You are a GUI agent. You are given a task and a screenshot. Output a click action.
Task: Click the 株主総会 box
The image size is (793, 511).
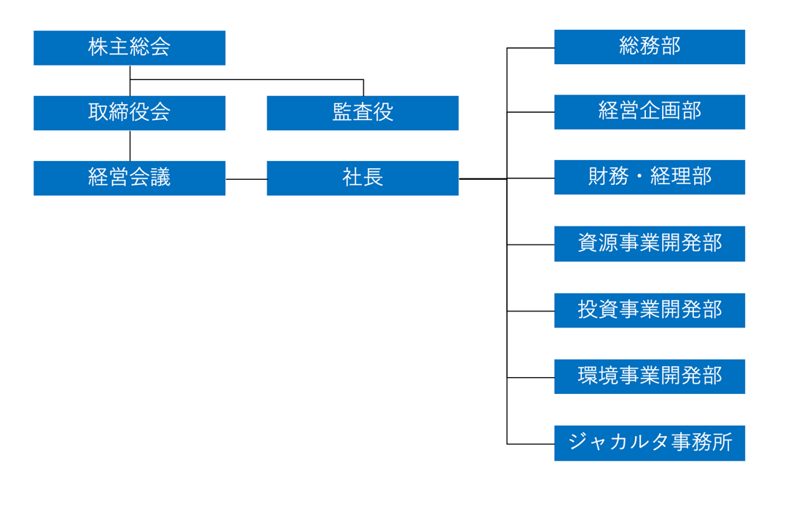[x=129, y=48]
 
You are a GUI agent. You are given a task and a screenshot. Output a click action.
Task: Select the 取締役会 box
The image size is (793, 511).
[x=129, y=113]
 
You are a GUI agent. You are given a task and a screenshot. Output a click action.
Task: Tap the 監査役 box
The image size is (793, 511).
[x=363, y=113]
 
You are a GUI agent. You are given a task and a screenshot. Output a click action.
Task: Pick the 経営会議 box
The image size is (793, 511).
[x=129, y=178]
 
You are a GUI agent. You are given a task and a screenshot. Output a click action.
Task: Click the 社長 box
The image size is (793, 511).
[x=363, y=178]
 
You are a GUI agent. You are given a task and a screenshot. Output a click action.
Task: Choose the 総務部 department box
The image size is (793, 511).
[x=649, y=47]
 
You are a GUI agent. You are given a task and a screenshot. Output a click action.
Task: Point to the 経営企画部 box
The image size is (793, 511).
[x=649, y=112]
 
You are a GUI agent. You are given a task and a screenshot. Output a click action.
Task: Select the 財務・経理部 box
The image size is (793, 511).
[x=649, y=178]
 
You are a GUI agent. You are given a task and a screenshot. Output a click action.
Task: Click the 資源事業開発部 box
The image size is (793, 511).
[x=649, y=244]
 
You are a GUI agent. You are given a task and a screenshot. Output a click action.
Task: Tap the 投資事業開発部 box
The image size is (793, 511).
[x=649, y=310]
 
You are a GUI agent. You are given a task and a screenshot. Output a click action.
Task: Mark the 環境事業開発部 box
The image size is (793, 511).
[x=649, y=376]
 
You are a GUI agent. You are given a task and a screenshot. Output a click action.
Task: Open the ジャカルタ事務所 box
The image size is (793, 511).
[x=649, y=443]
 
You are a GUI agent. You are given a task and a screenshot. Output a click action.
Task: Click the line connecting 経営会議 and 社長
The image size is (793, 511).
[x=246, y=179]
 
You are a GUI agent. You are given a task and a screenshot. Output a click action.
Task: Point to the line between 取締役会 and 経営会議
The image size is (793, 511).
[x=130, y=146]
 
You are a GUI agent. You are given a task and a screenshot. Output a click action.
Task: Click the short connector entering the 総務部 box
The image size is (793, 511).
[x=530, y=48]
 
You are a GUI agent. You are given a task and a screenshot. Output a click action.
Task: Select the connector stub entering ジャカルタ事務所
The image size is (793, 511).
[x=530, y=443]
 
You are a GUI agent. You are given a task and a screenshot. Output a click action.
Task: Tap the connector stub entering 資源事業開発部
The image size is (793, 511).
[x=530, y=245]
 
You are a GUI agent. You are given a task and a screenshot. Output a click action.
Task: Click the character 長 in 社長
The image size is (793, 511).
[x=373, y=178]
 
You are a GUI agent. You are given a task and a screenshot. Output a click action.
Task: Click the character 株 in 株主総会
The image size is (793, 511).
[x=98, y=48]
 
